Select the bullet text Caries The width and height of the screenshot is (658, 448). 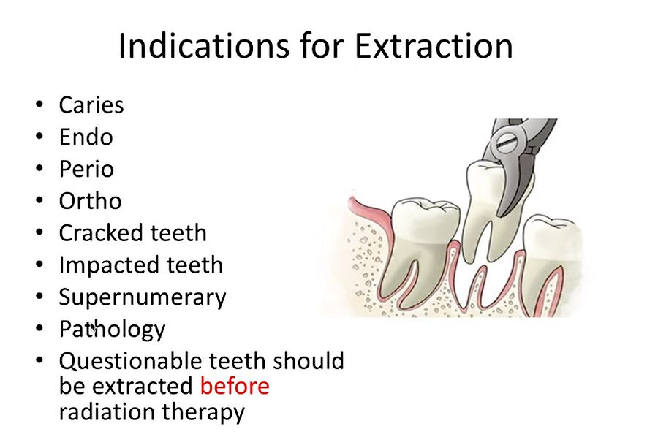[x=91, y=105]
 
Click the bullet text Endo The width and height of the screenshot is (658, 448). [x=86, y=137]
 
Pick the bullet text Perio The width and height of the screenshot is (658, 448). [x=86, y=170]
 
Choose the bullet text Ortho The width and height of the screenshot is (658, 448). [x=90, y=201]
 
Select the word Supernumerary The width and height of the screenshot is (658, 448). [x=143, y=297]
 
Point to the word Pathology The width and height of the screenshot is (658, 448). [x=112, y=330]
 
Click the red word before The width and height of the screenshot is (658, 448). [x=235, y=386]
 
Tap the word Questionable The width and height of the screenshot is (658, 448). [x=131, y=361]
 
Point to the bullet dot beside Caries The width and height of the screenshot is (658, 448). [x=39, y=105]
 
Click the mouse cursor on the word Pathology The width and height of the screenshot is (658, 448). [x=93, y=330]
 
